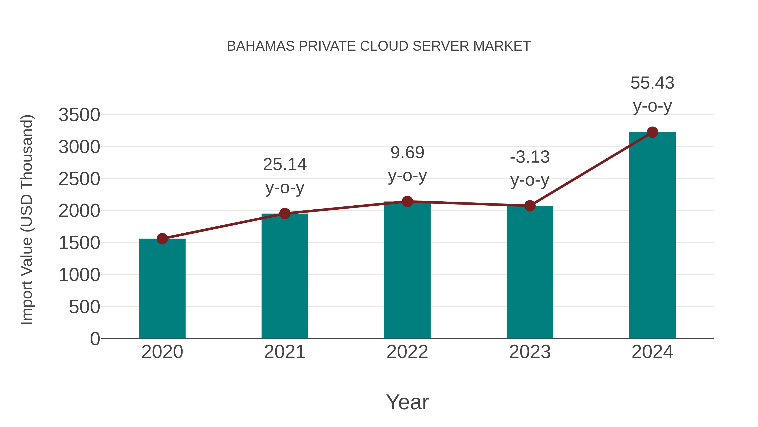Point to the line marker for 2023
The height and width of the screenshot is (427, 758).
click(530, 206)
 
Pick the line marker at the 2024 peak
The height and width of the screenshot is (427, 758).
click(652, 132)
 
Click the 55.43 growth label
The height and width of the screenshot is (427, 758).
click(652, 83)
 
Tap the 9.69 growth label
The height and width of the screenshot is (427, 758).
click(407, 153)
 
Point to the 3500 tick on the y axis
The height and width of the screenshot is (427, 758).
click(79, 115)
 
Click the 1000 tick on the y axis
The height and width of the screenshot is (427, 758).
click(79, 275)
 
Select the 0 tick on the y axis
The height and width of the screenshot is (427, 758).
click(95, 339)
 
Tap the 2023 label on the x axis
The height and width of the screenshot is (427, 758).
click(530, 352)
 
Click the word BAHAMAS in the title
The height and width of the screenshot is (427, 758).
click(261, 46)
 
